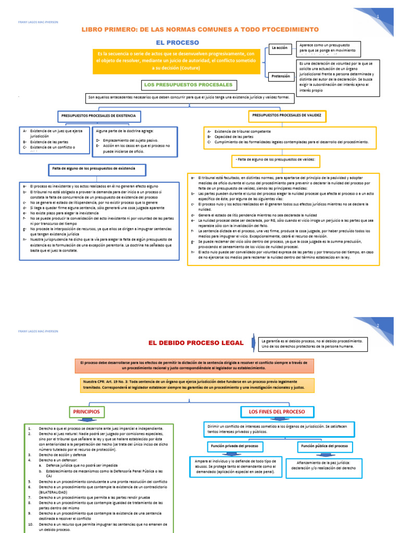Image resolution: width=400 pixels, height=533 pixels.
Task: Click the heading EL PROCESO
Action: pyautogui.click(x=177, y=42)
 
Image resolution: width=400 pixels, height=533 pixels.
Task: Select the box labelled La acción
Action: pyautogui.click(x=280, y=48)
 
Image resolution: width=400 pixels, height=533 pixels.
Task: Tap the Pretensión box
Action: pyautogui.click(x=281, y=76)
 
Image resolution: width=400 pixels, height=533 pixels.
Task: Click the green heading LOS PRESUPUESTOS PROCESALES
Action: pyautogui.click(x=187, y=84)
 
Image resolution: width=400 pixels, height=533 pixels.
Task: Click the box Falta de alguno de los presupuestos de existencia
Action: pyautogui.click(x=94, y=170)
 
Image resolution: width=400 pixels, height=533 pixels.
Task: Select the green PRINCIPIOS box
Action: pyautogui.click(x=87, y=412)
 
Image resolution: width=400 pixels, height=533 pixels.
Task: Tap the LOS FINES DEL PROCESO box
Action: pyautogui.click(x=277, y=412)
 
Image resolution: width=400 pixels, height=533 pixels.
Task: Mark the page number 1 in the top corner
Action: pyautogui.click(x=378, y=17)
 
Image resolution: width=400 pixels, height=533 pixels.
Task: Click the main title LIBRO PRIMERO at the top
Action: pyautogui.click(x=199, y=29)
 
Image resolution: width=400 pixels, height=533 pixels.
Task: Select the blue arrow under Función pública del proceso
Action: pyautogui.click(x=326, y=454)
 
